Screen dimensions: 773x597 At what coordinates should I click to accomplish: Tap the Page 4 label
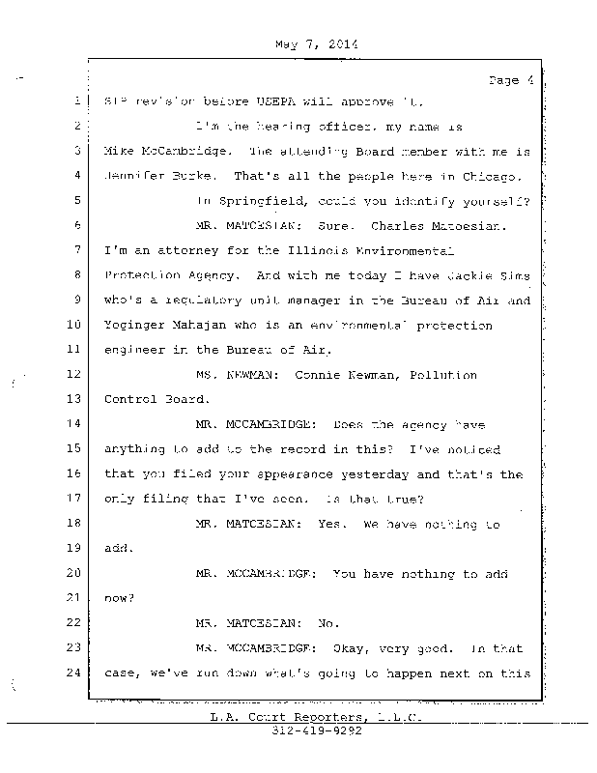click(x=511, y=80)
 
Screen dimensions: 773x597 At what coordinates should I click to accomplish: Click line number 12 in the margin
click(x=74, y=374)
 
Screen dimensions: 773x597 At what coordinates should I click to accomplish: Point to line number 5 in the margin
click(x=74, y=200)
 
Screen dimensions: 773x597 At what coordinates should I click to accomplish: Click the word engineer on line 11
click(x=137, y=349)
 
